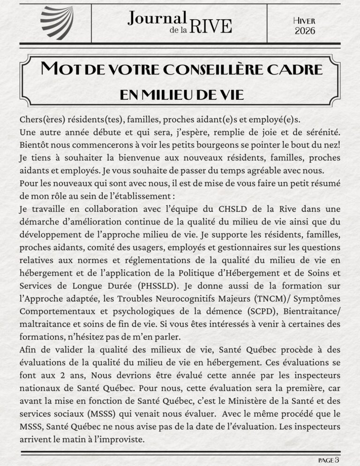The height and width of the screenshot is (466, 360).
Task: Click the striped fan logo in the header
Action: coord(57,23)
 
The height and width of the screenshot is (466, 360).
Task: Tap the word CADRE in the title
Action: coord(295,69)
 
